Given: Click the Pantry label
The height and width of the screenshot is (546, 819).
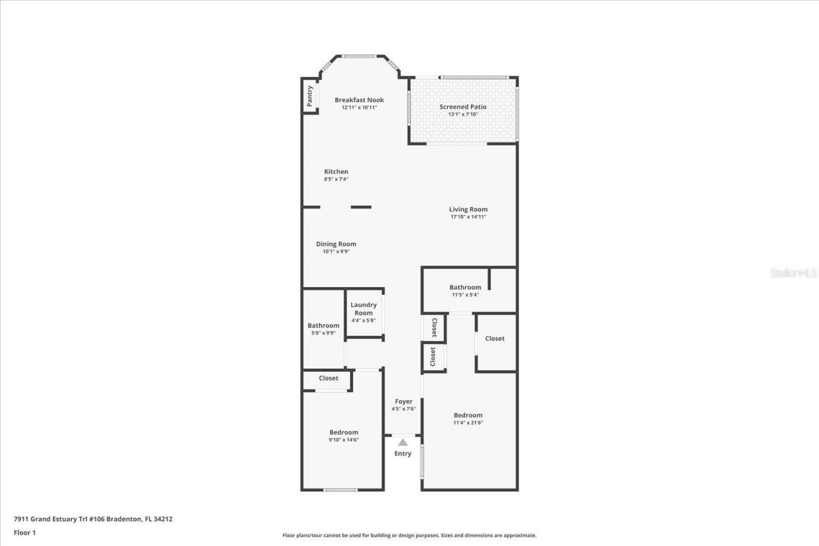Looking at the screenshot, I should coord(310,96).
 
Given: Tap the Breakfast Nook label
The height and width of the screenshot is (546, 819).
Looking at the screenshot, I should coord(359,100).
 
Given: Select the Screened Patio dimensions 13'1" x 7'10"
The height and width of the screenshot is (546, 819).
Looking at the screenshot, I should coord(463,114).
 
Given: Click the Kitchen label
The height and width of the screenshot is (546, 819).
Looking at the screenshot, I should coord(336,171).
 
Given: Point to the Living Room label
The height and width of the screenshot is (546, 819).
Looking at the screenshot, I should coord(468,209).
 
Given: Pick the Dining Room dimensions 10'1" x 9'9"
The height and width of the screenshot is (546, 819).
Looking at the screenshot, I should coord(336,252).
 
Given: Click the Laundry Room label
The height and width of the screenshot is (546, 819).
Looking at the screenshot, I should coord(363,309).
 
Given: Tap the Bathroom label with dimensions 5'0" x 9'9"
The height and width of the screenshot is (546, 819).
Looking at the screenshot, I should coord(323,325).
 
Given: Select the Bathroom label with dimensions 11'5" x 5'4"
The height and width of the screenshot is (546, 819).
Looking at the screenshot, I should coord(465,287).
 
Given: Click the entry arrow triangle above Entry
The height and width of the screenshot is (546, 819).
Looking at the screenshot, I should coord(402,442).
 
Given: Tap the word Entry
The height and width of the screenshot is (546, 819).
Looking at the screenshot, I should coord(402,453).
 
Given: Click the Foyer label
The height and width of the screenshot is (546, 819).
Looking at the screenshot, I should coord(403,402).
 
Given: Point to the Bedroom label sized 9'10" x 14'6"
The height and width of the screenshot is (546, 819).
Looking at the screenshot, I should coord(344,432).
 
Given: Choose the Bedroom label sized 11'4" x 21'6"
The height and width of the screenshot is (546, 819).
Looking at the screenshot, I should coord(468,415).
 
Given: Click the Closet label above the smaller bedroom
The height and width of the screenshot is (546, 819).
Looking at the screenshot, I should coord(328,378).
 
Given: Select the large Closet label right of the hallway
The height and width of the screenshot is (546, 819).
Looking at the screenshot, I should coord(495,338).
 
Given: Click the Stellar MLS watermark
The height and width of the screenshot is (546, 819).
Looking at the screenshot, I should coord(793,273).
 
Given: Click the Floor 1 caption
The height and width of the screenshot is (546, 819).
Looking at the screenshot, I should coord(24,533).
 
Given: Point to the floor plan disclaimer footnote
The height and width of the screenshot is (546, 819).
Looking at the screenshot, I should coord(409,536).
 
